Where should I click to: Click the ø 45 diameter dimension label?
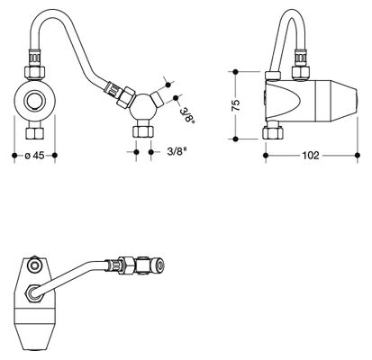(x=34, y=156)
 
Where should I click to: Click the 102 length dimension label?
(x=311, y=156)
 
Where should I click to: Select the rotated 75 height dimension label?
(x=236, y=105)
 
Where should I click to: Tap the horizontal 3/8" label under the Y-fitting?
(x=177, y=152)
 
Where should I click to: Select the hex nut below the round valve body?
(x=35, y=133)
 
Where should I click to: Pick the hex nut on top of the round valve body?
(x=34, y=73)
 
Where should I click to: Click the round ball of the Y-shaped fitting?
(x=143, y=107)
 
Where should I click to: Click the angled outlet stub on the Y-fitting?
(x=158, y=99)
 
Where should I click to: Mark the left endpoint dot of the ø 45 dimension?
(x=14, y=156)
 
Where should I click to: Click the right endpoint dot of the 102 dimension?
(x=358, y=155)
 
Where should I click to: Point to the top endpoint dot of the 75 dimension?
(x=236, y=72)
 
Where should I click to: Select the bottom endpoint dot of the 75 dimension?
(x=236, y=139)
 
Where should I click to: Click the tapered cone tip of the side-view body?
(x=344, y=101)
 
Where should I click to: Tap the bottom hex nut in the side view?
(x=273, y=132)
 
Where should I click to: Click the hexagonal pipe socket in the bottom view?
(x=34, y=292)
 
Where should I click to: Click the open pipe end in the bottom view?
(x=160, y=265)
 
